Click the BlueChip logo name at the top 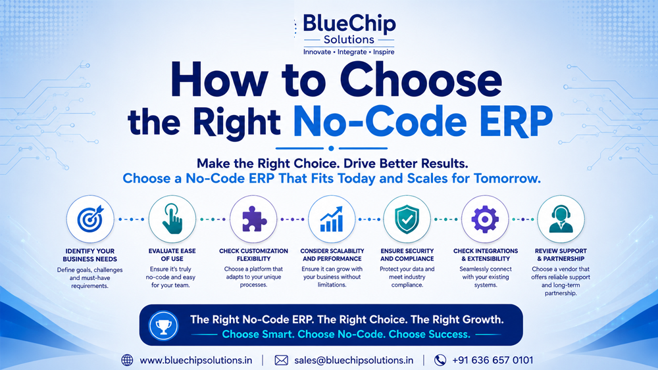pos(349,24)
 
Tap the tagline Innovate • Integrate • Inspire pos(349,52)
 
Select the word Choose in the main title pos(420,80)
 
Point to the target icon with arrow pos(90,219)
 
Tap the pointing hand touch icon pos(172,219)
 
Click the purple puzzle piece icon pos(254,219)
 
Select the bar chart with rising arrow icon pos(332,219)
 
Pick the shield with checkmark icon pos(407,219)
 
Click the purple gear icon pos(485,219)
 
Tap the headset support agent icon pos(561,219)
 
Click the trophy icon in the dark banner pos(164,325)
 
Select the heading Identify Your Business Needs pos(89,255)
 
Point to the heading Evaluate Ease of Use pos(172,255)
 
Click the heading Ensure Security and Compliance pos(407,255)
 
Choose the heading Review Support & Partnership pos(561,255)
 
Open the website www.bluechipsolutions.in pos(196,360)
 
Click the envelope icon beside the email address pos(281,360)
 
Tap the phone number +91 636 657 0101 pos(492,360)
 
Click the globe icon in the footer pos(127,360)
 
